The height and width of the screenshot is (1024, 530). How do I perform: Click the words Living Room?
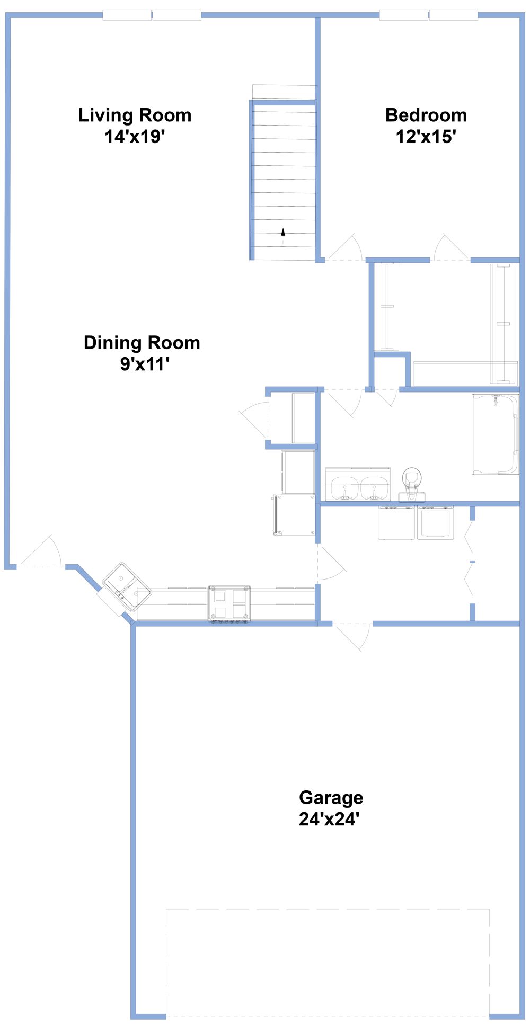135,115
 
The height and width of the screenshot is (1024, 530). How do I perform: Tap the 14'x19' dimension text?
135,137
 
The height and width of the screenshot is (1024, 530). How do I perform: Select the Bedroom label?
426,115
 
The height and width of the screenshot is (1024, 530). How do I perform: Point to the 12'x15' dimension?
426,137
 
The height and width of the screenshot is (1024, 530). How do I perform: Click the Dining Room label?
142,343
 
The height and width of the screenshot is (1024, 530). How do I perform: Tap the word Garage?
331,797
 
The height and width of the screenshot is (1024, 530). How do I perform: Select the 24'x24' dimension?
329,819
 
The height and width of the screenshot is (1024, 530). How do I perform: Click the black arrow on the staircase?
283,231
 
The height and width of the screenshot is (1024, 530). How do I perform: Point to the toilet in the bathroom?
412,484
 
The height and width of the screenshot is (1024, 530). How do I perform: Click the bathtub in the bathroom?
496,434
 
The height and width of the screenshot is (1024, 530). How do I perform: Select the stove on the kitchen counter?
229,603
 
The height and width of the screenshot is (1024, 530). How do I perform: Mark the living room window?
152,15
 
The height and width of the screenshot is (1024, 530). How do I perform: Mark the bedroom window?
428,15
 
